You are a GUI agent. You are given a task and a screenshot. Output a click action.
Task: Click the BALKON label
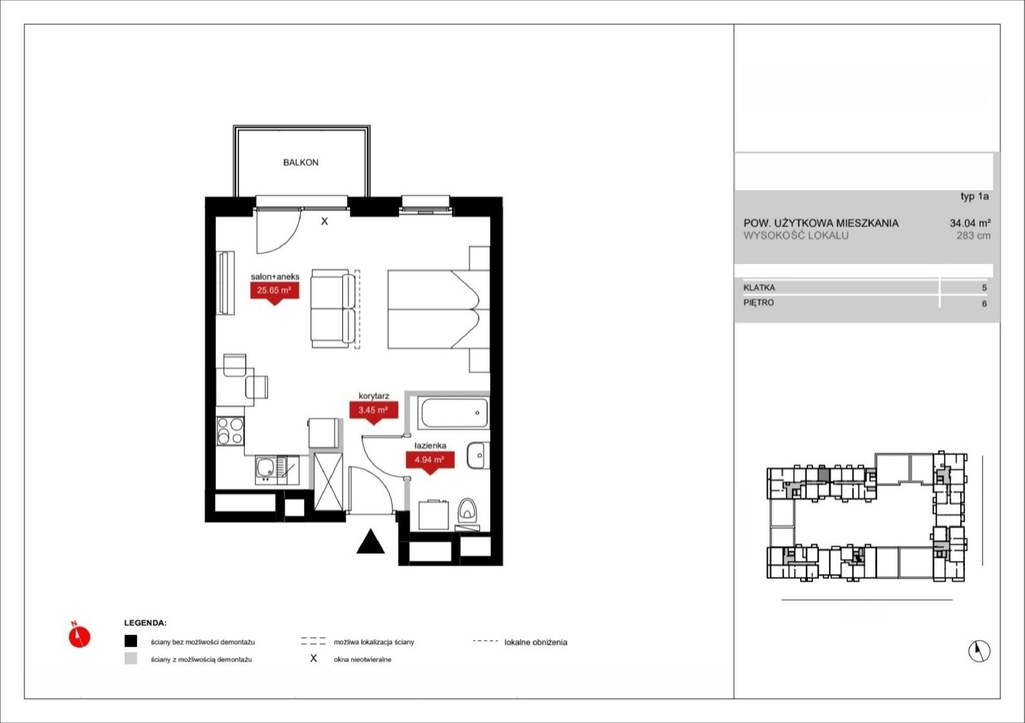click(x=300, y=163)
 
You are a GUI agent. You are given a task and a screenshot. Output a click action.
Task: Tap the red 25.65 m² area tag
click(x=275, y=291)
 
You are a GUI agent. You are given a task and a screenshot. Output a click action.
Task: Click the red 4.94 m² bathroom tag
click(x=430, y=460)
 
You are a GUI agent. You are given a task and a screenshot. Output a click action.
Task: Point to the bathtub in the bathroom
click(x=454, y=413)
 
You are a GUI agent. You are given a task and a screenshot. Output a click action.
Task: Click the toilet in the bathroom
click(x=467, y=510)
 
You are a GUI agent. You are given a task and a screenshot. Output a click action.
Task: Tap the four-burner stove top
click(x=230, y=431)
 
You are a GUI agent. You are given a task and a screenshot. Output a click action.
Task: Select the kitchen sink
click(x=277, y=469)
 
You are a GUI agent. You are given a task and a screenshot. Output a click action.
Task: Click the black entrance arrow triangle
click(x=371, y=542)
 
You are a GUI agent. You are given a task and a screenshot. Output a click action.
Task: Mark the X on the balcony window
click(x=324, y=222)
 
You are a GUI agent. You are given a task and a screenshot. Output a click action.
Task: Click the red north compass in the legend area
click(x=79, y=636)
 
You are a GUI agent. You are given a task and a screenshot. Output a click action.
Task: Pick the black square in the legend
click(x=131, y=641)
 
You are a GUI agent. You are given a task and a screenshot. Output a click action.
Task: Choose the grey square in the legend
click(x=131, y=658)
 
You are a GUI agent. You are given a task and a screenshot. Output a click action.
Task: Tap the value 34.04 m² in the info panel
click(x=970, y=223)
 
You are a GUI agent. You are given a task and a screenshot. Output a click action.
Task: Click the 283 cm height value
click(x=973, y=236)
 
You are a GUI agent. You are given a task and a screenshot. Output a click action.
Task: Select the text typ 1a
click(x=974, y=196)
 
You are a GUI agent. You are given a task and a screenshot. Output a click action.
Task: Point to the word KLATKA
click(x=759, y=288)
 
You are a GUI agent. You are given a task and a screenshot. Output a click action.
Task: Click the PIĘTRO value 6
click(x=984, y=304)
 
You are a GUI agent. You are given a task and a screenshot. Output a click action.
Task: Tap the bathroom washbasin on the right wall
click(x=478, y=455)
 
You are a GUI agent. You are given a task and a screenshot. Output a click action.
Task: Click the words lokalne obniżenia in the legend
click(x=536, y=642)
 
